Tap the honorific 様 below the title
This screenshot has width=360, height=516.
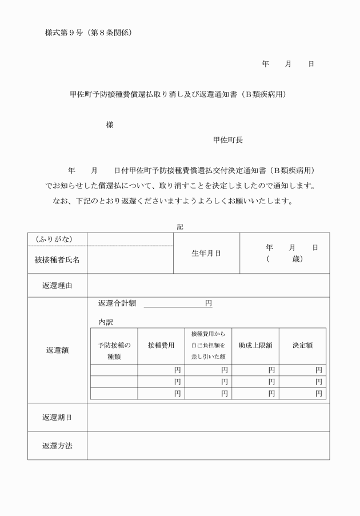pyautogui.click(x=109, y=125)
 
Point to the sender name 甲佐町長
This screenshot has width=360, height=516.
pyautogui.click(x=227, y=139)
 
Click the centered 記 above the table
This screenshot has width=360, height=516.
pyautogui.click(x=179, y=227)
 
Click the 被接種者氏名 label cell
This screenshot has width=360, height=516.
pyautogui.click(x=57, y=259)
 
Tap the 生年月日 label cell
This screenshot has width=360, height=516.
pyautogui.click(x=206, y=253)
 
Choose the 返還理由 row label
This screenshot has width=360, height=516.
pyautogui.click(x=57, y=285)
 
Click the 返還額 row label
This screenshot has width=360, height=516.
pyautogui.click(x=57, y=350)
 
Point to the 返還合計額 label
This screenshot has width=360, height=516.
pyautogui.click(x=117, y=303)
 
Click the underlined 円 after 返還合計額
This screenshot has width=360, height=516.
pyautogui.click(x=209, y=303)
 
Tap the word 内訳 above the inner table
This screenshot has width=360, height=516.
pyautogui.click(x=106, y=322)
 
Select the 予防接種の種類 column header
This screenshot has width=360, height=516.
pyautogui.click(x=114, y=350)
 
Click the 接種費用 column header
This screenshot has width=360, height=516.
pyautogui.click(x=161, y=345)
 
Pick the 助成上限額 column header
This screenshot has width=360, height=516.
pyautogui.click(x=255, y=345)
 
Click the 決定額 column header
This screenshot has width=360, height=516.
pyautogui.click(x=302, y=345)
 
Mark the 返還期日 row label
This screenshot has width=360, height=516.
pyautogui.click(x=57, y=417)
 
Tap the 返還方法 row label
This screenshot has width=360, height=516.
pyautogui.click(x=57, y=445)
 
